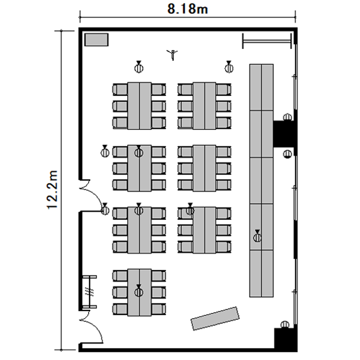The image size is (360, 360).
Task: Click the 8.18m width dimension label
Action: click(187, 9)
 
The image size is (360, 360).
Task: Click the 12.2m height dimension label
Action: click(52, 190)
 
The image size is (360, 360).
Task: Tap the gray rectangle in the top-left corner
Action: click(96, 40)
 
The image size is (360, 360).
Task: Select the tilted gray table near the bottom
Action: click(215, 318)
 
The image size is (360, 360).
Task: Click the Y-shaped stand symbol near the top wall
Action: click(172, 55)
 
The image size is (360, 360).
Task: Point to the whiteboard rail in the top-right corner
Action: click(267, 41)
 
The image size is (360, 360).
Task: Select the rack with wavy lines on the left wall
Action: click(90, 291)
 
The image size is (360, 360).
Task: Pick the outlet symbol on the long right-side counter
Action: click(257, 236)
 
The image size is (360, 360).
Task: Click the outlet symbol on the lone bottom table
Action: click(139, 290)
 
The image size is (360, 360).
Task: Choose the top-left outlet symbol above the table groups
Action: click(139, 67)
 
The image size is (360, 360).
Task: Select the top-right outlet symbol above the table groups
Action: click(228, 67)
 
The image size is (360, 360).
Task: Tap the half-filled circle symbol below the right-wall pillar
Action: click(288, 154)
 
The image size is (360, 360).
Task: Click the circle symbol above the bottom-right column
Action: click(285, 324)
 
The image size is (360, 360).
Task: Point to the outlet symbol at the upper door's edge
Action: click(105, 209)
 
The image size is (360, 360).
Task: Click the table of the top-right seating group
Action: click(204, 106)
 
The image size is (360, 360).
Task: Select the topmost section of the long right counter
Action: click(261, 87)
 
